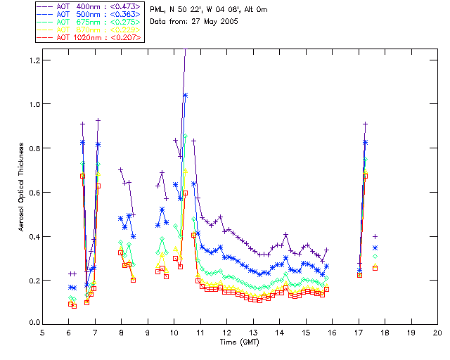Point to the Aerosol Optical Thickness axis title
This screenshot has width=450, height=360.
[x=22, y=191]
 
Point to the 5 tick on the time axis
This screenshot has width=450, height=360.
[x=42, y=333]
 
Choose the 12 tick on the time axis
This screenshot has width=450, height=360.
[x=226, y=333]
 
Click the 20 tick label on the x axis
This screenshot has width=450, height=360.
[x=437, y=333]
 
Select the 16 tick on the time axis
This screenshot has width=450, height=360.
[x=332, y=333]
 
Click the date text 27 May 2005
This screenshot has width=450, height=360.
[x=214, y=22]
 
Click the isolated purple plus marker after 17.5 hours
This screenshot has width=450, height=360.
[x=375, y=236]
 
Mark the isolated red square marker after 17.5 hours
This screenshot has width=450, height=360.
[x=375, y=268]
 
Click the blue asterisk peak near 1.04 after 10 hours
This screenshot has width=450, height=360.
[x=186, y=95]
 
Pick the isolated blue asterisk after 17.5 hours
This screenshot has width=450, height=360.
[x=375, y=247]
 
